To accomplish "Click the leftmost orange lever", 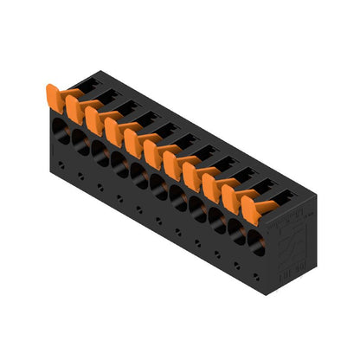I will pyautogui.click(x=55, y=97).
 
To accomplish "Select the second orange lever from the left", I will pyautogui.click(x=74, y=108).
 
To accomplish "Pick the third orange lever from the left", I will pyautogui.click(x=94, y=119).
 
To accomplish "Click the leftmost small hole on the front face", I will pyautogui.click(x=61, y=165).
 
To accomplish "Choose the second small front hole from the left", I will pyautogui.click(x=80, y=176).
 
